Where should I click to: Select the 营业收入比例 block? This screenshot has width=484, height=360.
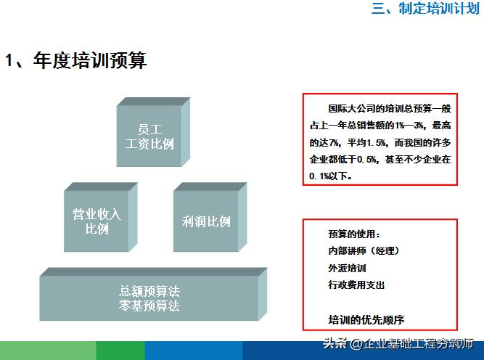click(97, 221)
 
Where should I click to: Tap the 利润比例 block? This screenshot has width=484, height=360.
click(205, 221)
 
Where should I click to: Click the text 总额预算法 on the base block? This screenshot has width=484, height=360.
click(149, 292)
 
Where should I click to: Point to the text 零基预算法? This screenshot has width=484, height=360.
click(149, 306)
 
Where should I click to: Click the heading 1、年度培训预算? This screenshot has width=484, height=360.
click(76, 61)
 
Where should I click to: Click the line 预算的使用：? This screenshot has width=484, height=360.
click(354, 234)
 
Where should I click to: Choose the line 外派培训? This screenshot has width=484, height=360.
click(347, 268)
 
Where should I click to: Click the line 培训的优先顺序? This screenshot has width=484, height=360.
click(366, 319)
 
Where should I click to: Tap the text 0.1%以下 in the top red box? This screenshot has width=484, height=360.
click(329, 176)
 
